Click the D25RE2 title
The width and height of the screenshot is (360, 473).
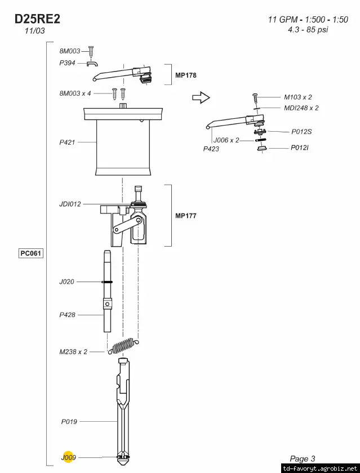(37, 19)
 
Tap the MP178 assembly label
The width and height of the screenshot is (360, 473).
(186, 75)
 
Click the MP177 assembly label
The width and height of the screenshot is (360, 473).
(185, 216)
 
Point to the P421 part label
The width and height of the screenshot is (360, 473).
(67, 142)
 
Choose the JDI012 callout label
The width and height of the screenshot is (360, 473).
(70, 204)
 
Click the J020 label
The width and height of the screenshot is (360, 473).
(66, 282)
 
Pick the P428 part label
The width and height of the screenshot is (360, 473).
(67, 315)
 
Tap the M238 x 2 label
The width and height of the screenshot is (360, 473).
(73, 351)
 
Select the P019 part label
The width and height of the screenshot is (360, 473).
(69, 421)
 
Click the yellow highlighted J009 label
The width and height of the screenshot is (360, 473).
(68, 458)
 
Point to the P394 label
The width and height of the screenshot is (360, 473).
(67, 63)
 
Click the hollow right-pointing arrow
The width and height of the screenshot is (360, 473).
(201, 99)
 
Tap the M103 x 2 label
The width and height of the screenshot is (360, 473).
(297, 97)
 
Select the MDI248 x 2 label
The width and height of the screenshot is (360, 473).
(301, 108)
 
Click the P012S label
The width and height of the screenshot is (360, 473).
(301, 132)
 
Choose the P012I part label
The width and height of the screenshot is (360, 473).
(299, 148)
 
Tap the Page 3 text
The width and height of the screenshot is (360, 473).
(303, 459)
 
